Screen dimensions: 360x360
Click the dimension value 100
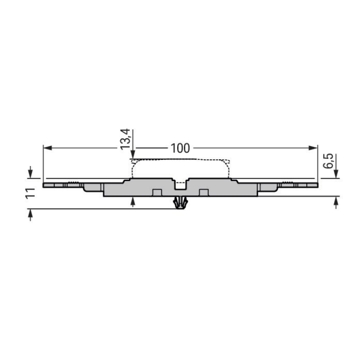180,148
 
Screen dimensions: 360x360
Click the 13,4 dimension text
126,139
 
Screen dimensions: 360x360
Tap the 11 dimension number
31,193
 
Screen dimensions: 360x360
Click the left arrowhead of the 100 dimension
48,148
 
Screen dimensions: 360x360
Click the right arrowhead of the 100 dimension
313,148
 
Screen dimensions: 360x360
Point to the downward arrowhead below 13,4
132,154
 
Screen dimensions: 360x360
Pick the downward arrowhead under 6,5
336,174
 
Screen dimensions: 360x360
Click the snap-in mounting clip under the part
180,203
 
